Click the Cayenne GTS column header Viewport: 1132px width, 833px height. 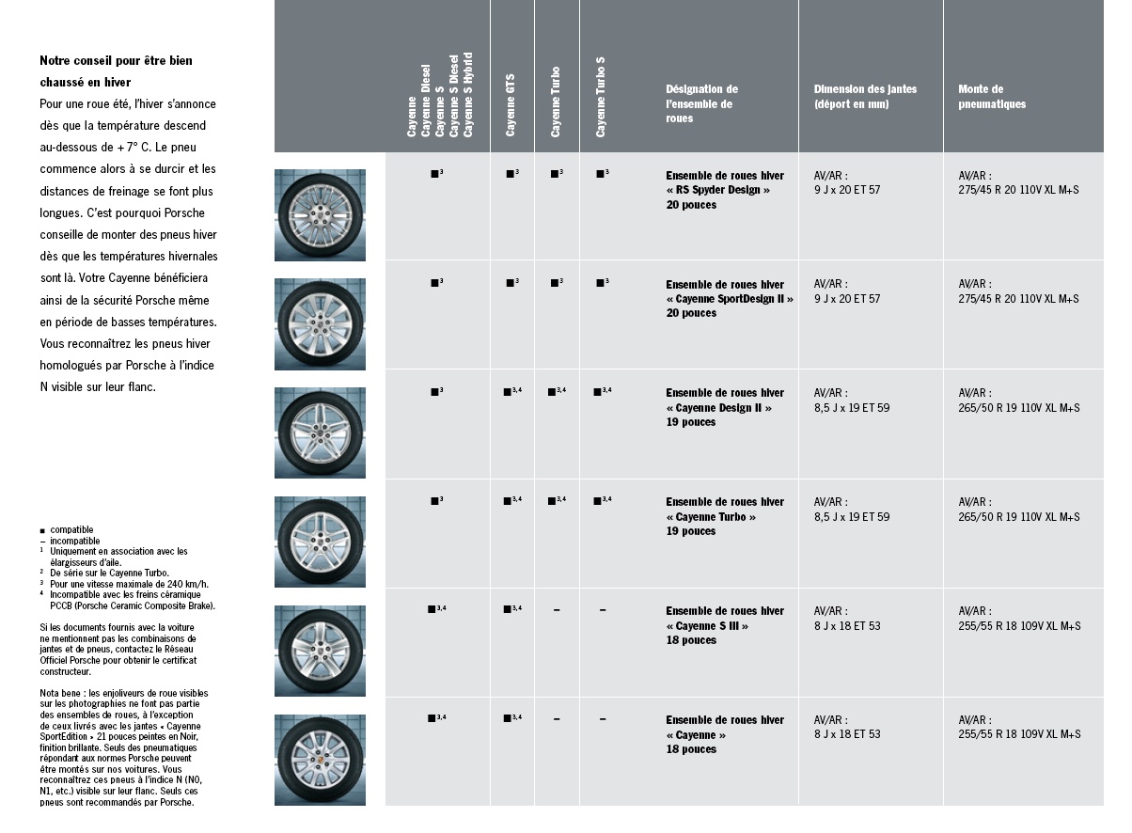point(511,104)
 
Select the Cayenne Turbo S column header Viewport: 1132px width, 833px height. point(601,97)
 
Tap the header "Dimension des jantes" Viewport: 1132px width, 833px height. point(865,89)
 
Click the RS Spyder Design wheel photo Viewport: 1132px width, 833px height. point(320,215)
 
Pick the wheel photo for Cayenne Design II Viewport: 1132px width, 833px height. point(320,433)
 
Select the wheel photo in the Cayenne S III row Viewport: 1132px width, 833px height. point(320,652)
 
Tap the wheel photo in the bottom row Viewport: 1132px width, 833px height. point(320,760)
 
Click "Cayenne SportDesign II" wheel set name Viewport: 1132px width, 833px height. point(730,299)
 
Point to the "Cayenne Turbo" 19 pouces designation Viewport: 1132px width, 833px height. point(711,517)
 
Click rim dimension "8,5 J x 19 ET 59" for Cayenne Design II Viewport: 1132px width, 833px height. point(851,408)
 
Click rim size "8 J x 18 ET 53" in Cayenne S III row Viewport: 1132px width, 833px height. point(847,626)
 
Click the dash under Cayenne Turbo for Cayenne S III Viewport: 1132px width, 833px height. point(557,611)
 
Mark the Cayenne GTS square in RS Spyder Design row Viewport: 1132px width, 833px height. point(510,174)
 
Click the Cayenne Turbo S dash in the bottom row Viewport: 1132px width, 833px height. point(603,720)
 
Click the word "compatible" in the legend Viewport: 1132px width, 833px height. point(71,530)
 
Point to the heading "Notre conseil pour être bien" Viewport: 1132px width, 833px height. point(116,61)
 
